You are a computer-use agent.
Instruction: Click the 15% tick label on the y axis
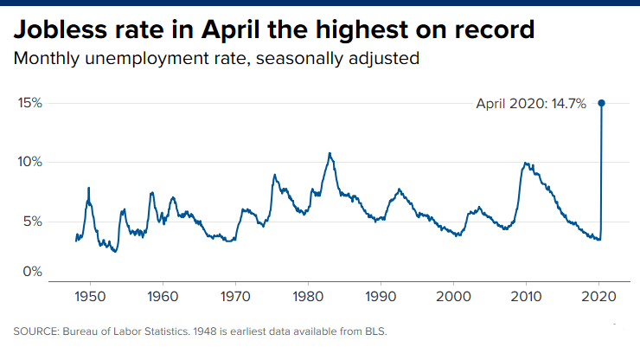30,103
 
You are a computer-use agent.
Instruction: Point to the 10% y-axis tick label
30,162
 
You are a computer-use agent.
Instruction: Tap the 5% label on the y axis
32,221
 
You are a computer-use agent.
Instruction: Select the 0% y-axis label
32,272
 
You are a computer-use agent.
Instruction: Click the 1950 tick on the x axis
87,297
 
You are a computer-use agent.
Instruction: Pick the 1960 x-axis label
161,297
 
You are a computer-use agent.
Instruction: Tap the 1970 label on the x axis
234,297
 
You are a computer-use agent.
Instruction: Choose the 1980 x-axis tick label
307,297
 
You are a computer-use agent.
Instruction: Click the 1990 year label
381,297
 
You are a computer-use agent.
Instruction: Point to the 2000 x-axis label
453,297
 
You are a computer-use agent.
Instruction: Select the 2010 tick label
526,297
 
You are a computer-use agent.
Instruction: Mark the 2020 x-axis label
599,297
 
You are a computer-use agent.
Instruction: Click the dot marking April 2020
601,103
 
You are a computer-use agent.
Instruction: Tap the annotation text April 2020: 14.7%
531,103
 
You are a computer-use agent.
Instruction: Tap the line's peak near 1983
330,153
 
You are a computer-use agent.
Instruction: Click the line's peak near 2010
524,163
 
